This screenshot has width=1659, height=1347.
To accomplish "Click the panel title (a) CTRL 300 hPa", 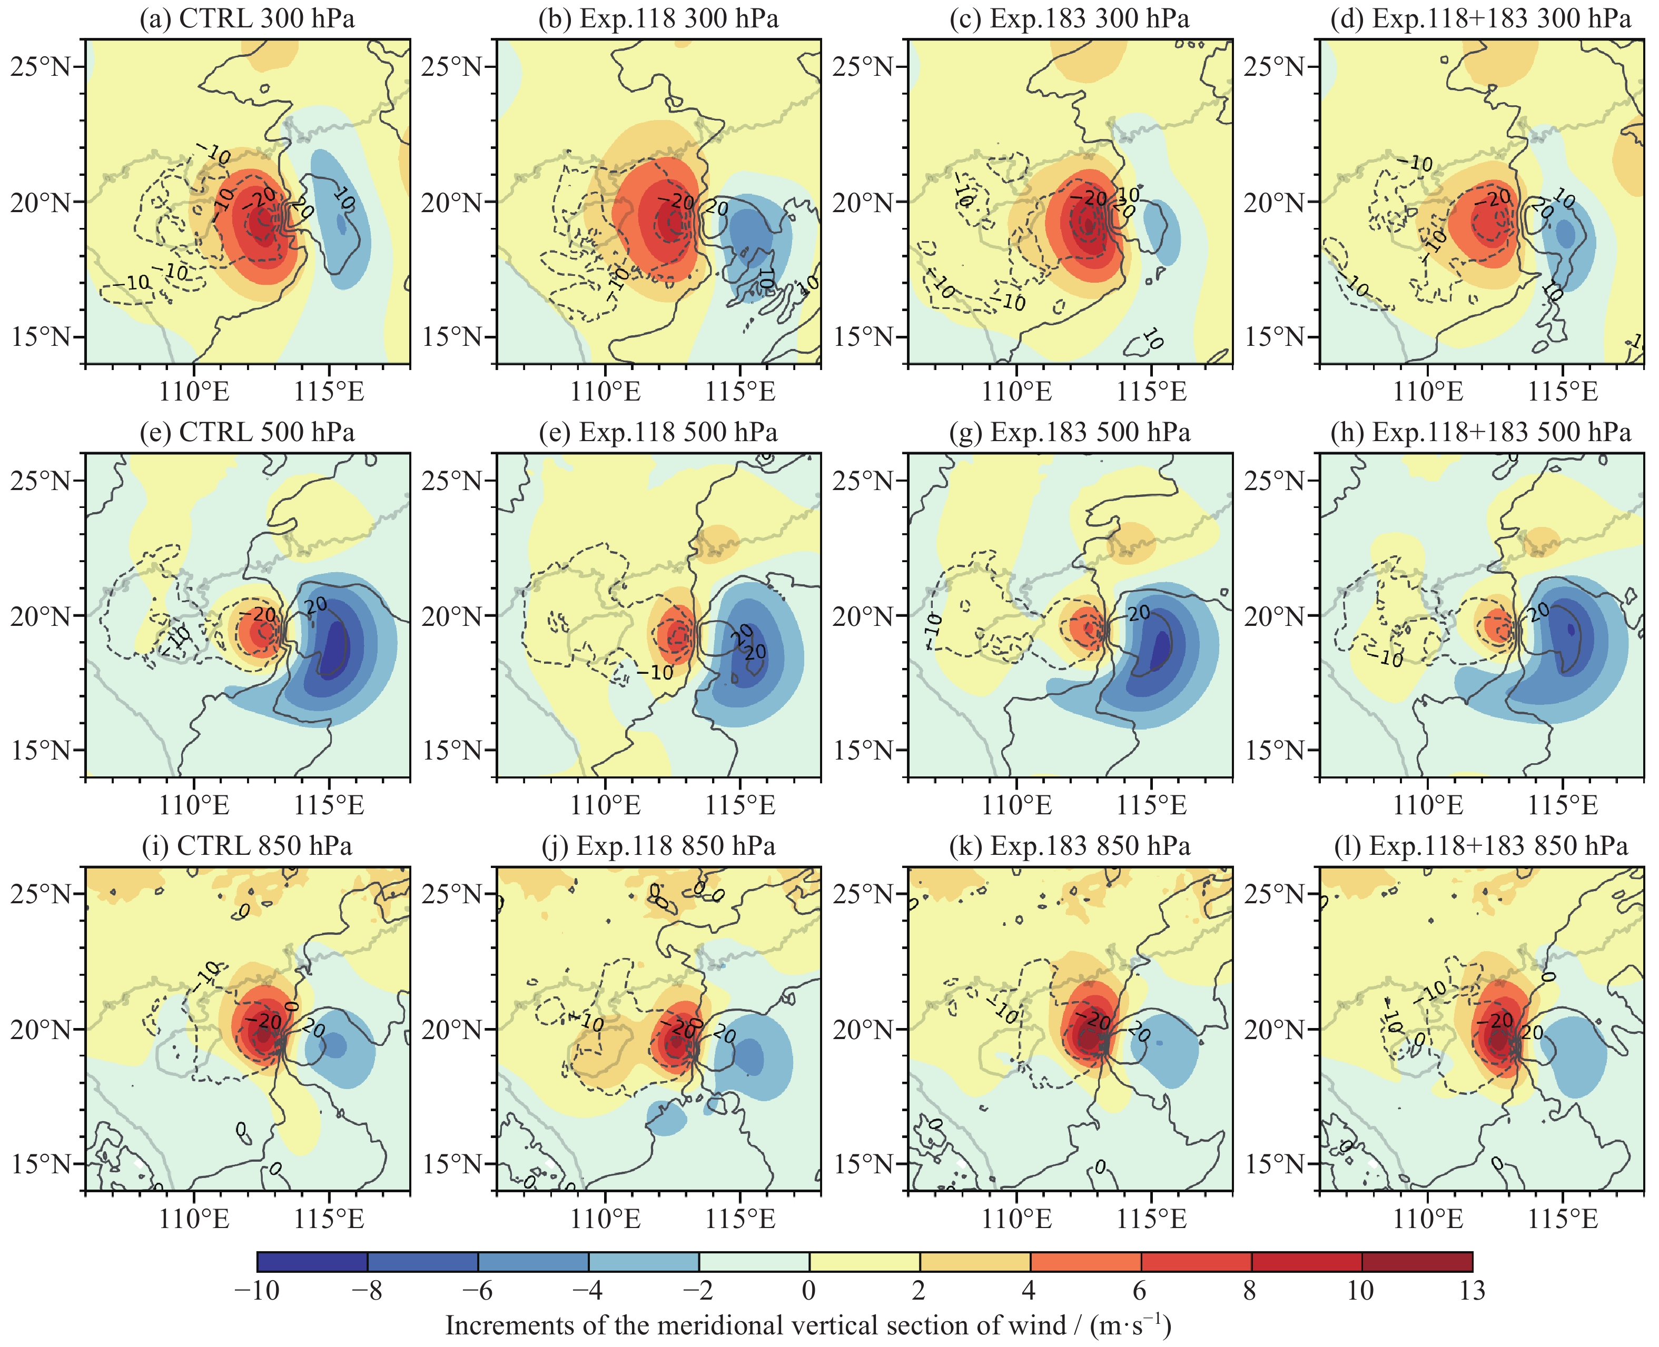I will click(x=247, y=18).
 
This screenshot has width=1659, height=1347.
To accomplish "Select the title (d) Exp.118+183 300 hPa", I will click(x=1480, y=18).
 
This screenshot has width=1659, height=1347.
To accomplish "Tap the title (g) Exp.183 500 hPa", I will click(x=1070, y=432).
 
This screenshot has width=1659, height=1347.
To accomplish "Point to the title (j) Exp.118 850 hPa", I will click(x=658, y=846).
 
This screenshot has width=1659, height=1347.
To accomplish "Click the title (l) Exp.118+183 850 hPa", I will click(x=1480, y=846).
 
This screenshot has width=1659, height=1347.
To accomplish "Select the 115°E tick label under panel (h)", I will click(x=1563, y=805).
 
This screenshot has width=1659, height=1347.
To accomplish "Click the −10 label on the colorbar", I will click(x=257, y=1290).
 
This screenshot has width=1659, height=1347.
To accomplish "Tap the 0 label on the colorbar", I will click(x=809, y=1290).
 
